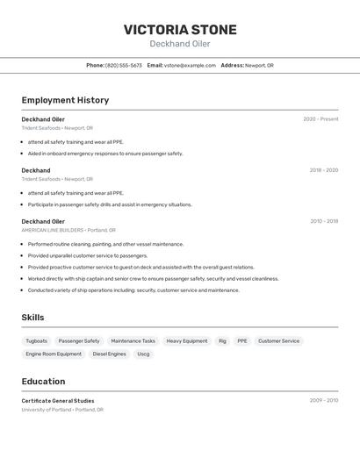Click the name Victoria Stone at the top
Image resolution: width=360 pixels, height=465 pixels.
click(180, 30)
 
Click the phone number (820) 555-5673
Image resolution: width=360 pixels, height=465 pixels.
click(124, 65)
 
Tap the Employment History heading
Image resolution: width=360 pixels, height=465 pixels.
click(65, 100)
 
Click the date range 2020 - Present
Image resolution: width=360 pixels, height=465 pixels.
click(320, 119)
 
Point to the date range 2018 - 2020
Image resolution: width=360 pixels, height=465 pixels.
click(323, 170)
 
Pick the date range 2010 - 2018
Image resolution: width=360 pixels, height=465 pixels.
click(323, 221)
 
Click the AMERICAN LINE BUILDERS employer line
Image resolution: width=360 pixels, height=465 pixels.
click(57, 230)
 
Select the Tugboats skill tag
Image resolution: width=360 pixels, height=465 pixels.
click(37, 340)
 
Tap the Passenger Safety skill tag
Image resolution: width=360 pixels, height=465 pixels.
click(79, 340)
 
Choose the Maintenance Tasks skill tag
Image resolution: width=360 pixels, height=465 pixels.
click(133, 340)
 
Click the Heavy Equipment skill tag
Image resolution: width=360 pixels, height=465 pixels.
click(187, 340)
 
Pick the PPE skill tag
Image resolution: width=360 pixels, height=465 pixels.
click(242, 340)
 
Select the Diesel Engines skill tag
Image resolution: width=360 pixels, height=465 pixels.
click(110, 354)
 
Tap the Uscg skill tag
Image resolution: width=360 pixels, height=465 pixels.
click(143, 354)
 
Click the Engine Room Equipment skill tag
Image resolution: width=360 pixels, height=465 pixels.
click(54, 354)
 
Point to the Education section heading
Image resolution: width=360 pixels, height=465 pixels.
click(43, 382)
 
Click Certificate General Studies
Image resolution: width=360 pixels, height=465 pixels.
click(58, 401)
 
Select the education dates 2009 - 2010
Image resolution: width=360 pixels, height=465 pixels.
click(323, 400)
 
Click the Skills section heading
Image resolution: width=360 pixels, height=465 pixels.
click(32, 318)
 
